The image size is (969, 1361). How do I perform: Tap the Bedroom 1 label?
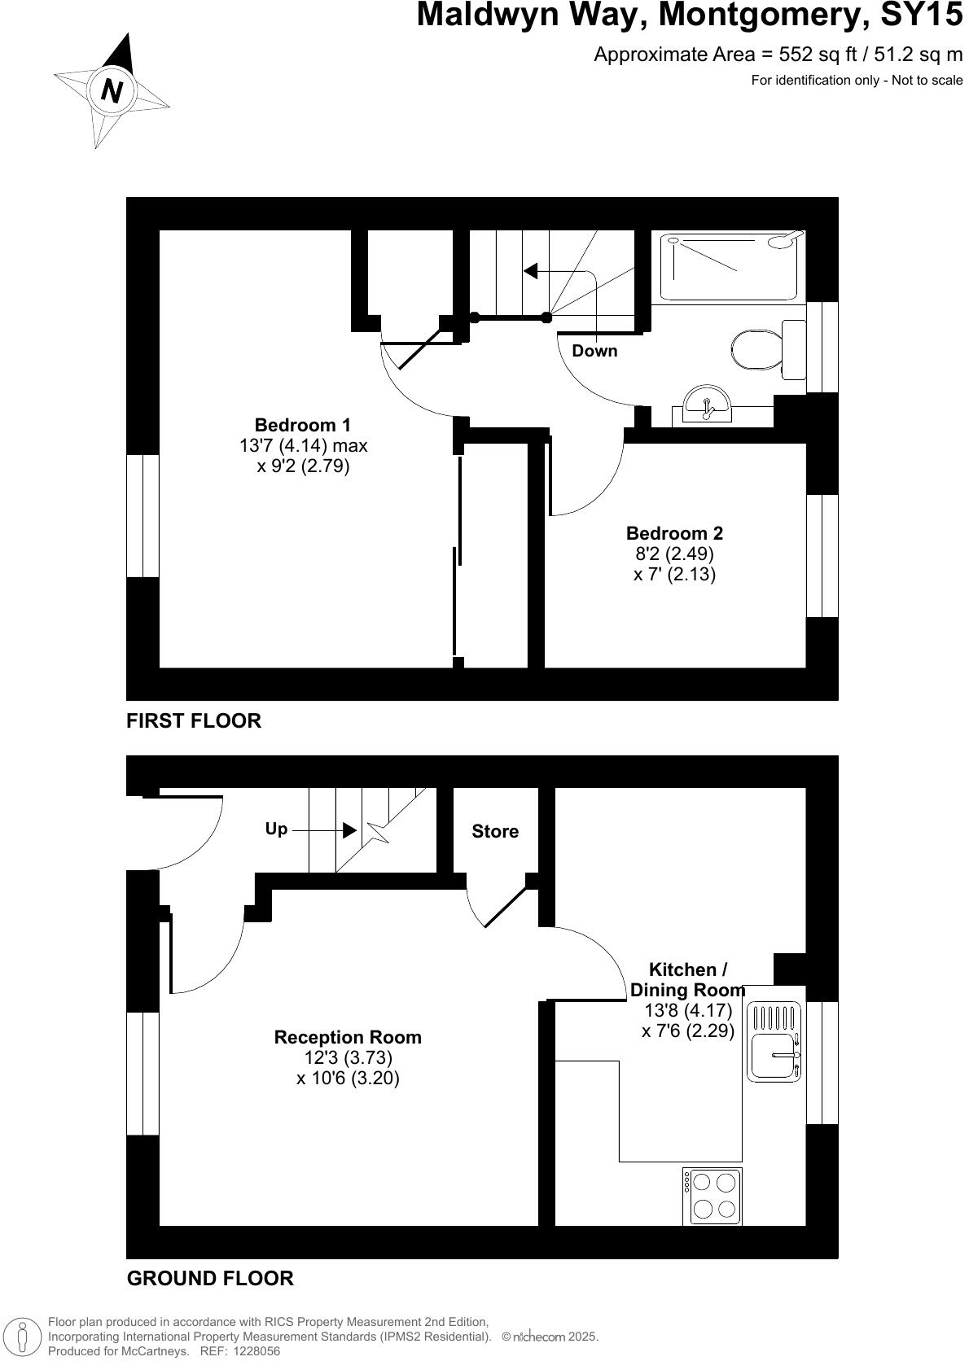[x=302, y=425]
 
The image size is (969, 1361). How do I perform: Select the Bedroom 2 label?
[x=674, y=533]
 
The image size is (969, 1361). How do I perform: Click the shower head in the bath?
[x=786, y=239]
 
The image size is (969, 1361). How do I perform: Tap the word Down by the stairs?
[x=594, y=351]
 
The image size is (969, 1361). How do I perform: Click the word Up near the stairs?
[x=276, y=829]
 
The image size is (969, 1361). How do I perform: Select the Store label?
[x=495, y=831]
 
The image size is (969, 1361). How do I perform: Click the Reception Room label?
[x=348, y=1037]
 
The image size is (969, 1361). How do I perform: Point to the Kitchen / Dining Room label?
[x=687, y=980]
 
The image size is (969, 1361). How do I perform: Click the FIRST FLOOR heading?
[x=194, y=720]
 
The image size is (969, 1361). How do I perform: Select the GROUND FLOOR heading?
[x=210, y=1278]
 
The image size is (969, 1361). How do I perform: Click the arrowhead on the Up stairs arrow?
[x=349, y=830]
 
